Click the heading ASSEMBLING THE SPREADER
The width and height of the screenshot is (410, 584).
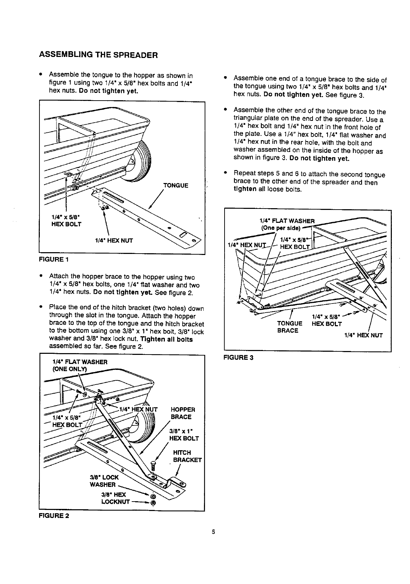coord(98,55)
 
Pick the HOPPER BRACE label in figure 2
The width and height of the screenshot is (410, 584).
coord(183,413)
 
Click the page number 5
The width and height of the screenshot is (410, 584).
coord(213,533)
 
